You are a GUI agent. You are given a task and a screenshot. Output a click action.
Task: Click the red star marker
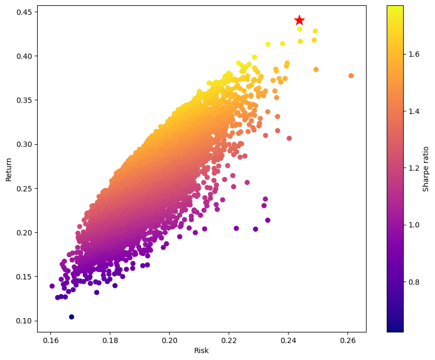(299, 20)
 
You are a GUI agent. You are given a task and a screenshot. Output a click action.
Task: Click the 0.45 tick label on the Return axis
(23, 12)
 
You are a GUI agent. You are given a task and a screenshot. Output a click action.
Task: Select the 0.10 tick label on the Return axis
(23, 321)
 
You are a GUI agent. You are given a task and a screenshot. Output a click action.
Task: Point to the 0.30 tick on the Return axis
(23, 144)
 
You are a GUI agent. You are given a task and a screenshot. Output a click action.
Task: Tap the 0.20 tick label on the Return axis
(23, 233)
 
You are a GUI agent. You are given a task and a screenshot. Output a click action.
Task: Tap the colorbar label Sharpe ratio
(426, 169)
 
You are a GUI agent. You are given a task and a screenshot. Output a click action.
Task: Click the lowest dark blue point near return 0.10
(72, 317)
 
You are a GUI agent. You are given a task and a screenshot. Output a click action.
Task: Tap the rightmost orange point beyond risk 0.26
(351, 76)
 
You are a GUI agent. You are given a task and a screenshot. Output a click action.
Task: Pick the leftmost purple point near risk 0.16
(52, 286)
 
